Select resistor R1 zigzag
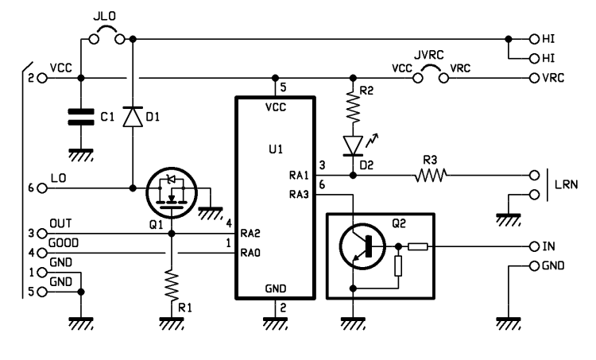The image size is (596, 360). (x=171, y=283)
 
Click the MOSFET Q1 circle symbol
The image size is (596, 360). (x=171, y=190)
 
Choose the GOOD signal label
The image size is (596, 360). (x=64, y=243)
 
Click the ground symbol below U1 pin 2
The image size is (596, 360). (x=276, y=321)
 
